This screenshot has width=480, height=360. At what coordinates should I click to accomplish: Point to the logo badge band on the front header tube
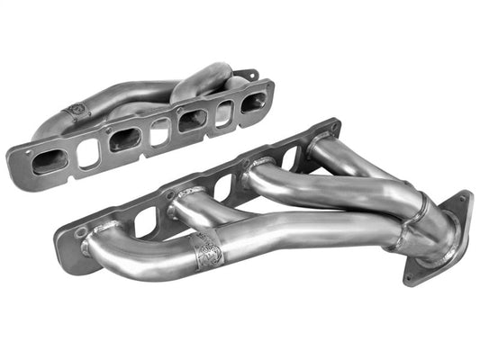[x=209, y=249]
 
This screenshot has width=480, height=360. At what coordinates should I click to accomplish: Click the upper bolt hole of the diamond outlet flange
[x=464, y=200]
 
